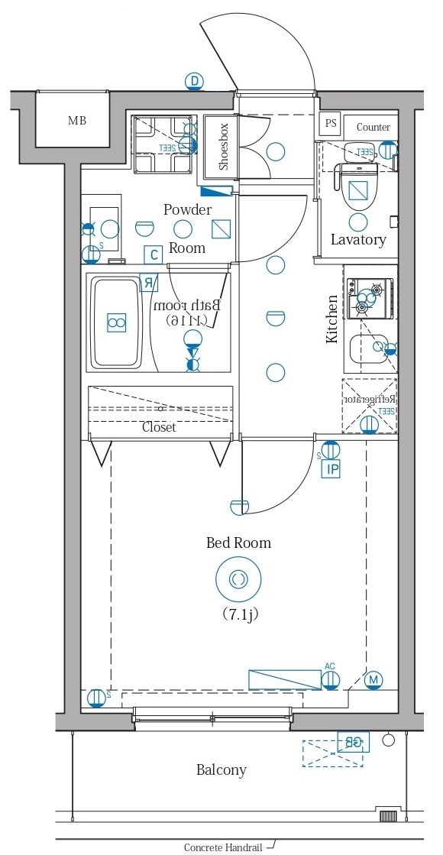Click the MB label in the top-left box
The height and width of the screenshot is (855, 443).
(77, 121)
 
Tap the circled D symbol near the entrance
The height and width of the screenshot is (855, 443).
(195, 81)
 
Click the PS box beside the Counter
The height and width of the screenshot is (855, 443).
(331, 123)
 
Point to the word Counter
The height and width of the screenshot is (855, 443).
(373, 127)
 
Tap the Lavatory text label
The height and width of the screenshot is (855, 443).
(358, 239)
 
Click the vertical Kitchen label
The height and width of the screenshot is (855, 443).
(332, 319)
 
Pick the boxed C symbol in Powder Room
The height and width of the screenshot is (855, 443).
(154, 254)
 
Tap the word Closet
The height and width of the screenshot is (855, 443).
(159, 427)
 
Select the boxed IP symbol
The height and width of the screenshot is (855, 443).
(331, 469)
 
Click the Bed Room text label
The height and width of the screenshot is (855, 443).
(238, 542)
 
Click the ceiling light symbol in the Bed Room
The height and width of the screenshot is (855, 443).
(238, 580)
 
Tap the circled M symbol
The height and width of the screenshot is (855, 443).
(373, 679)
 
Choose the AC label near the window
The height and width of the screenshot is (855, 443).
(330, 666)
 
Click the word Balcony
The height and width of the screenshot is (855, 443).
(221, 769)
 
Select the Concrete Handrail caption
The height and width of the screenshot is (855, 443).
(223, 847)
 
